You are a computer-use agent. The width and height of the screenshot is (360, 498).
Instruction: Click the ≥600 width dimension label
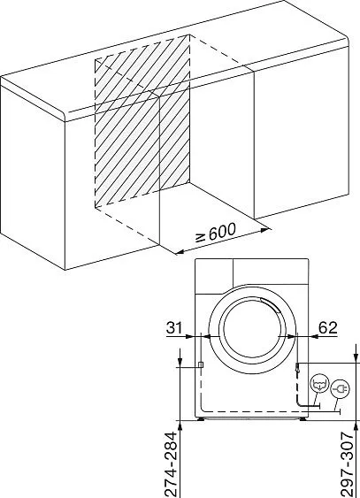click(216, 234)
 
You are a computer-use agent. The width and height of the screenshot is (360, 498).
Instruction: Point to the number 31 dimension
click(174, 327)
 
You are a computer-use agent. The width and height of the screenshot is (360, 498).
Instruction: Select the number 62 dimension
click(327, 327)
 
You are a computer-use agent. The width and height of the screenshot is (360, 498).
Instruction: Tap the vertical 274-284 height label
click(172, 464)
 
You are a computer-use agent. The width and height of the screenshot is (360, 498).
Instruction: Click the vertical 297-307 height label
click(347, 464)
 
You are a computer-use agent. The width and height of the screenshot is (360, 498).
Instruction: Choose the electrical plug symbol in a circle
click(340, 388)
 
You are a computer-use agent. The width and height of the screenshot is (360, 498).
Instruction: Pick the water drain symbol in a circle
click(319, 384)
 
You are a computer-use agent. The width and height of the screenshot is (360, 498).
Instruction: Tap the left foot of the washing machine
click(201, 419)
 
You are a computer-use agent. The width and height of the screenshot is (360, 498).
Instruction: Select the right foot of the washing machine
click(303, 419)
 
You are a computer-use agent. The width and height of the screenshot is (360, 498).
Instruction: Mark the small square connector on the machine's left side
click(201, 365)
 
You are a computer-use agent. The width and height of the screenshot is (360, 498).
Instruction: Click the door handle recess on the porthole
click(271, 304)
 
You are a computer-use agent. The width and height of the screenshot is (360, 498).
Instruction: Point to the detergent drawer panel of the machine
click(214, 276)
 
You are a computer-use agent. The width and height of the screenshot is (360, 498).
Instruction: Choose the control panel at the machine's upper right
click(271, 272)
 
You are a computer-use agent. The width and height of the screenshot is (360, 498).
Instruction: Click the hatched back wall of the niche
click(142, 120)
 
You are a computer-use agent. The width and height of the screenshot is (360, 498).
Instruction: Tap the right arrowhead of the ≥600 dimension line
click(264, 230)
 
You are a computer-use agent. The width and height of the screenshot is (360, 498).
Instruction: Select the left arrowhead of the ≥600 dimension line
click(180, 252)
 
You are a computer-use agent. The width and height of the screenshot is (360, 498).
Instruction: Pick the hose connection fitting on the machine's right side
click(297, 368)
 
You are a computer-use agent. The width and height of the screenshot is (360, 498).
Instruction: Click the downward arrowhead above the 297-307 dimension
click(355, 357)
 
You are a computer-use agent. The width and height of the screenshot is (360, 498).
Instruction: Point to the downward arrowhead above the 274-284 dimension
click(180, 362)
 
